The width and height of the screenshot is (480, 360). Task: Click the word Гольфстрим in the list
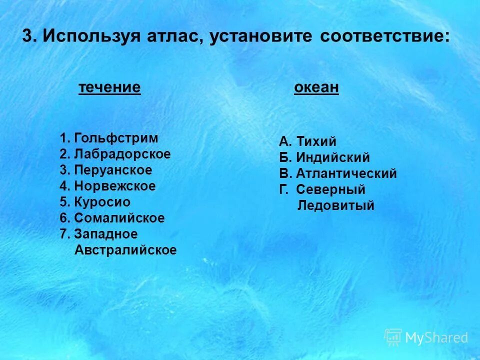tap(116, 138)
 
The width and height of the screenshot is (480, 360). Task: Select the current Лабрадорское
tap(122, 154)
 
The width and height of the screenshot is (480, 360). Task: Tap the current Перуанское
tap(113, 170)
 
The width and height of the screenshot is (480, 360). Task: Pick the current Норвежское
tap(115, 186)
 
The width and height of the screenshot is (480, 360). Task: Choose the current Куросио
tap(102, 202)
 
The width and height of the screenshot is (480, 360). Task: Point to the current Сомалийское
tap(119, 218)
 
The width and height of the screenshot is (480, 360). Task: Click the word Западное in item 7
tap(105, 234)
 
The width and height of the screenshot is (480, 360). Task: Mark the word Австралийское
tap(125, 250)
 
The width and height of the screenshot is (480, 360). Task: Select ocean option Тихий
tap(316, 142)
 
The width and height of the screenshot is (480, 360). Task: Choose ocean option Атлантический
tap(346, 174)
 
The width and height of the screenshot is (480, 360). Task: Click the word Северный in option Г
tap(330, 190)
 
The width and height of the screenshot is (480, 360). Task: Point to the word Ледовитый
tap(335, 205)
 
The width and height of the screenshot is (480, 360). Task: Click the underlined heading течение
tap(109, 88)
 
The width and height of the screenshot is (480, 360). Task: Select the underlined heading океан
tap(316, 88)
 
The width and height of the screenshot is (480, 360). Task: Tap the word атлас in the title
tap(173, 36)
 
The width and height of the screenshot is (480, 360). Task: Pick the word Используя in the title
tap(92, 36)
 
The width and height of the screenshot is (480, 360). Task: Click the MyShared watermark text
tap(436, 338)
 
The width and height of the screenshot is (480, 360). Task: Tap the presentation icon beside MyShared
tap(393, 337)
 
